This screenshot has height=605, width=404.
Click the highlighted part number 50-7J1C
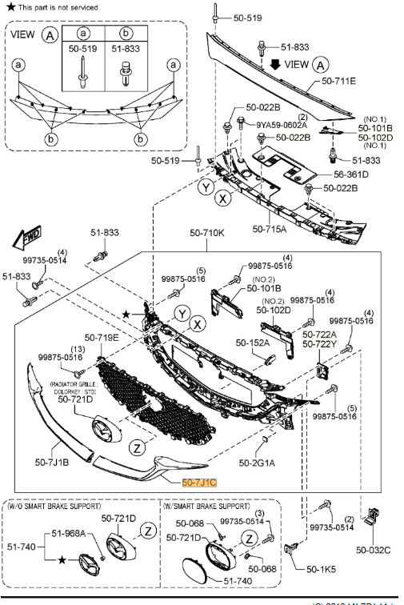click(199, 483)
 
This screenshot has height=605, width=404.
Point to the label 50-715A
click(270, 229)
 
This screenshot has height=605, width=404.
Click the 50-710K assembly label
click(207, 234)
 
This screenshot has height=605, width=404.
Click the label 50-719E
click(102, 338)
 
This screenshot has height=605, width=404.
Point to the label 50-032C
click(374, 550)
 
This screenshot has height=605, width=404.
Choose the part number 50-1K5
click(319, 568)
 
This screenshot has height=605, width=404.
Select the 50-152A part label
click(253, 343)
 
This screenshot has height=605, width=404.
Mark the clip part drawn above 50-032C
click(373, 518)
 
